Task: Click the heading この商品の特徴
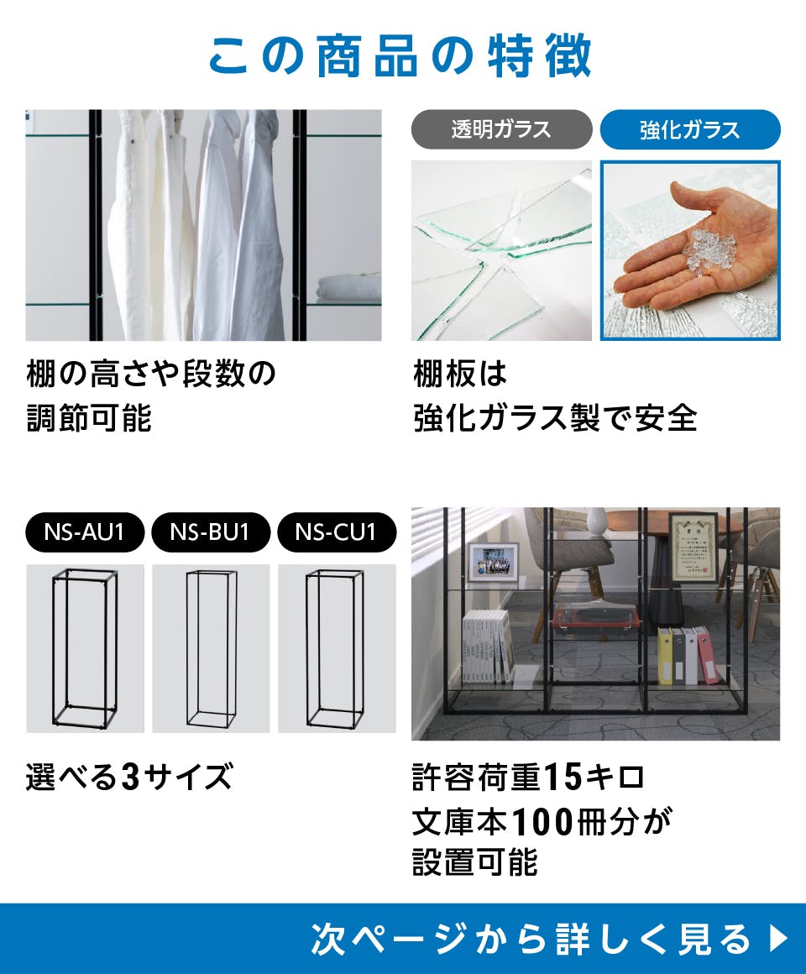click(x=400, y=56)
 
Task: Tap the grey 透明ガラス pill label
click(x=502, y=129)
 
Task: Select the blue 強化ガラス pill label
click(x=690, y=129)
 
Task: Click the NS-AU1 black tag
click(x=85, y=532)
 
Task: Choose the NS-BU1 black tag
click(x=211, y=532)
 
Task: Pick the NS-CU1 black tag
click(x=337, y=532)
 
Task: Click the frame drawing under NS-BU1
click(x=211, y=648)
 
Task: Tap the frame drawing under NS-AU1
click(x=85, y=648)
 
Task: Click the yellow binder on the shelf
click(x=665, y=656)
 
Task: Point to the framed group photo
click(x=493, y=563)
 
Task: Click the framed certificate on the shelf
click(x=693, y=547)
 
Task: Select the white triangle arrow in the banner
click(x=778, y=938)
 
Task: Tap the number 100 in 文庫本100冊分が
click(x=542, y=822)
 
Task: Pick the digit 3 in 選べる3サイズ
click(x=130, y=777)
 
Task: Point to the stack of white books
click(x=489, y=646)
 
